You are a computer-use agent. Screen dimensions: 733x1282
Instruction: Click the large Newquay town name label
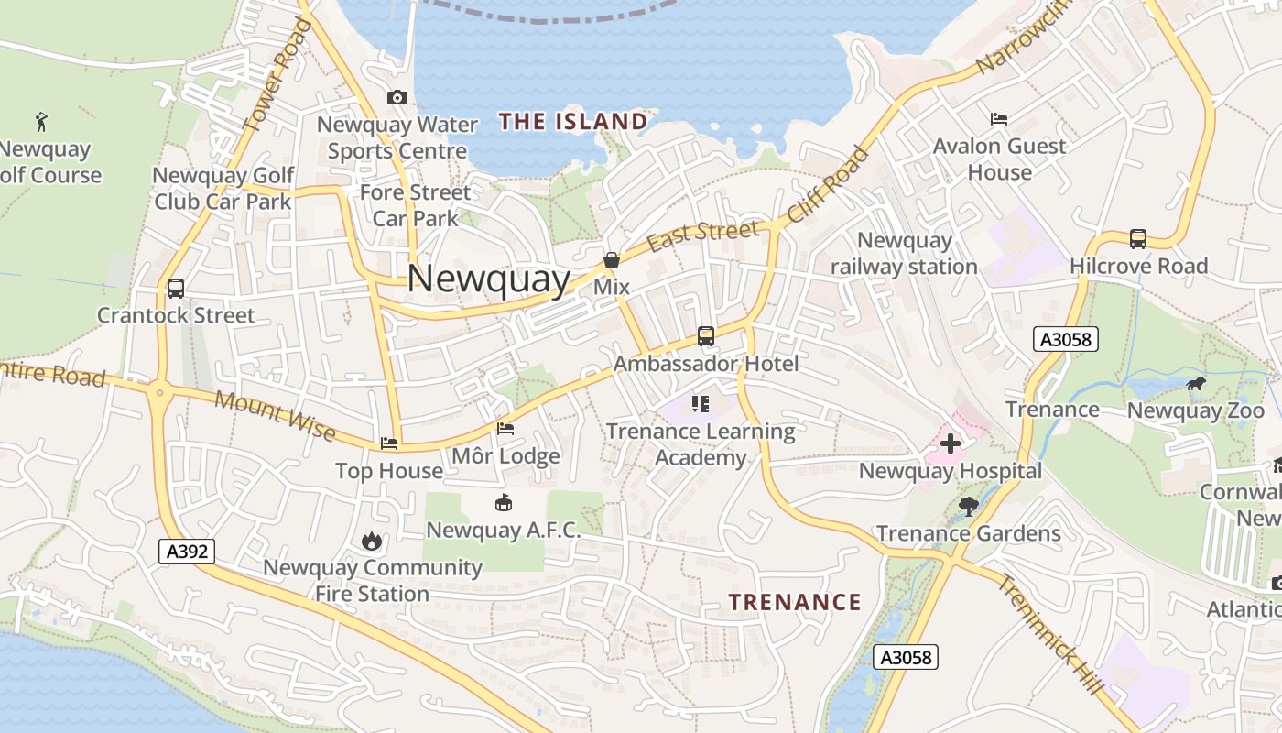pos(488,278)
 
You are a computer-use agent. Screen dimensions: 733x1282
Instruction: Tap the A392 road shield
pos(187,552)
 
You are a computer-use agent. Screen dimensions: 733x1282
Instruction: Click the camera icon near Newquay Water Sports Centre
pos(397,97)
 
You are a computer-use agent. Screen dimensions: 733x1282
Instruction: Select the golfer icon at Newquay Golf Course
pos(40,121)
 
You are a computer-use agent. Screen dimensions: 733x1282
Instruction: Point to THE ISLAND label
pos(573,121)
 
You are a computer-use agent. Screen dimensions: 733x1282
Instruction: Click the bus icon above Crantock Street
pos(176,289)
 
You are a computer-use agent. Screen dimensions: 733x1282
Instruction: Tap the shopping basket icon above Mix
pos(612,260)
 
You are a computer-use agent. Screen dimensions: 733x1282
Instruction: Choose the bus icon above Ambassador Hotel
pos(705,336)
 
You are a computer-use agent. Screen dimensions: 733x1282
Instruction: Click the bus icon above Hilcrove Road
pos(1138,239)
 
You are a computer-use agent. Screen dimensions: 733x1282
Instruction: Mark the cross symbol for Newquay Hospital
pos(951,444)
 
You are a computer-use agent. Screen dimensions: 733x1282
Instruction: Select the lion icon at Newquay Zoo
pos(1195,384)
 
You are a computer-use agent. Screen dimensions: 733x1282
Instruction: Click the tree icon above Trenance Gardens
pos(968,506)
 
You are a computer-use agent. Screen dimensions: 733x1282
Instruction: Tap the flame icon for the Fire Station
pos(371,542)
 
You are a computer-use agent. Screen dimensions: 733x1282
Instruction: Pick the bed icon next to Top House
pos(389,443)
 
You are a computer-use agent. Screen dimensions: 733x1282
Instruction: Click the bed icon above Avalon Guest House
pos(999,119)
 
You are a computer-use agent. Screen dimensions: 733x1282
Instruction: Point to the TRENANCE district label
pos(795,602)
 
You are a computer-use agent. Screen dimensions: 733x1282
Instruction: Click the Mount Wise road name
pos(275,415)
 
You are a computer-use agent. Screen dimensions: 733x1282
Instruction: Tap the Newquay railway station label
pos(904,254)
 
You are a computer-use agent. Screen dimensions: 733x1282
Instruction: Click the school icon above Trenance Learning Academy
pos(701,404)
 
